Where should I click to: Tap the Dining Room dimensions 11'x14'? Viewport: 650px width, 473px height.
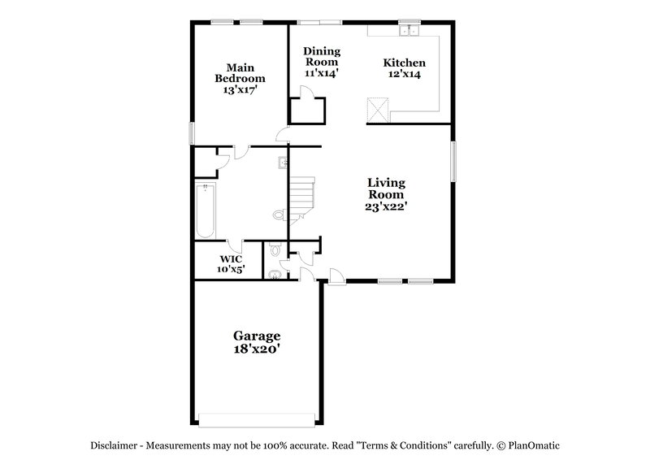click(x=321, y=73)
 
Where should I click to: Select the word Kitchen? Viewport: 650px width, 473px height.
click(x=404, y=63)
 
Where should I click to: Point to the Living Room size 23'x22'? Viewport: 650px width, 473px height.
click(x=386, y=206)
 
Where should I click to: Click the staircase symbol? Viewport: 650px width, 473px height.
click(x=303, y=196)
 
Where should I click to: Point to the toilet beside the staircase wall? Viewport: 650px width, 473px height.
click(x=279, y=215)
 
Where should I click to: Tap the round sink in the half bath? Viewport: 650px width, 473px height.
click(x=275, y=274)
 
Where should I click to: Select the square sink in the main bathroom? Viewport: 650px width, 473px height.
click(x=282, y=162)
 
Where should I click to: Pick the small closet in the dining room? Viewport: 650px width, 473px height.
click(x=308, y=111)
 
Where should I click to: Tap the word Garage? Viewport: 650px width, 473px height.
click(x=258, y=335)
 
